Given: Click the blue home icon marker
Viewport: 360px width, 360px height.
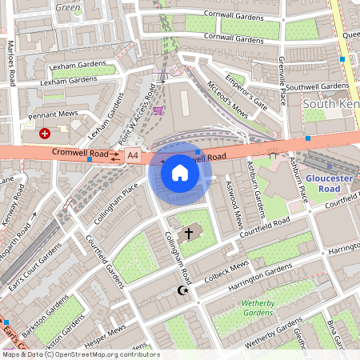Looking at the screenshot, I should pyautogui.click(x=180, y=172).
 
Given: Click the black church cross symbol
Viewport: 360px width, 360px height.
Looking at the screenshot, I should pyautogui.click(x=190, y=234).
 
